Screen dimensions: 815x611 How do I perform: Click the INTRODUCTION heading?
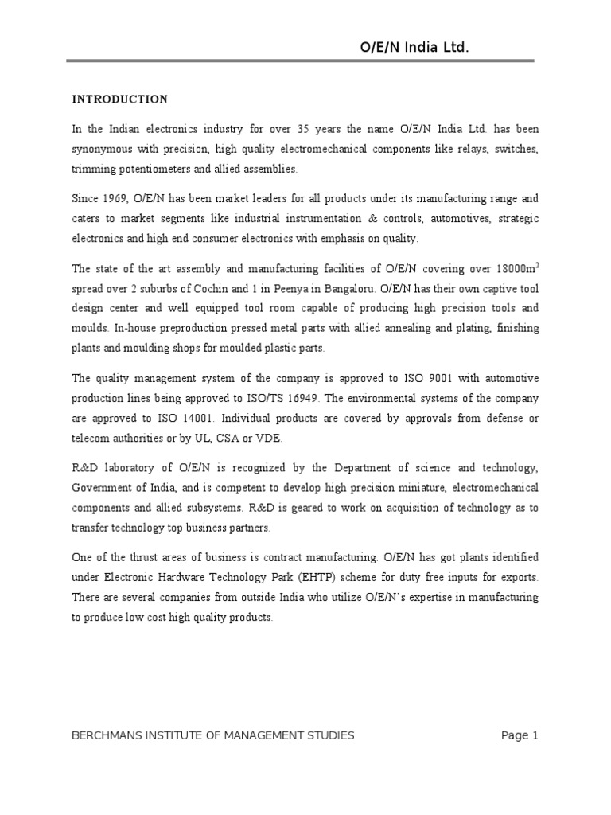(120, 99)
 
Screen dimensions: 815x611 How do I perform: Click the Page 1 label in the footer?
(520, 736)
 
